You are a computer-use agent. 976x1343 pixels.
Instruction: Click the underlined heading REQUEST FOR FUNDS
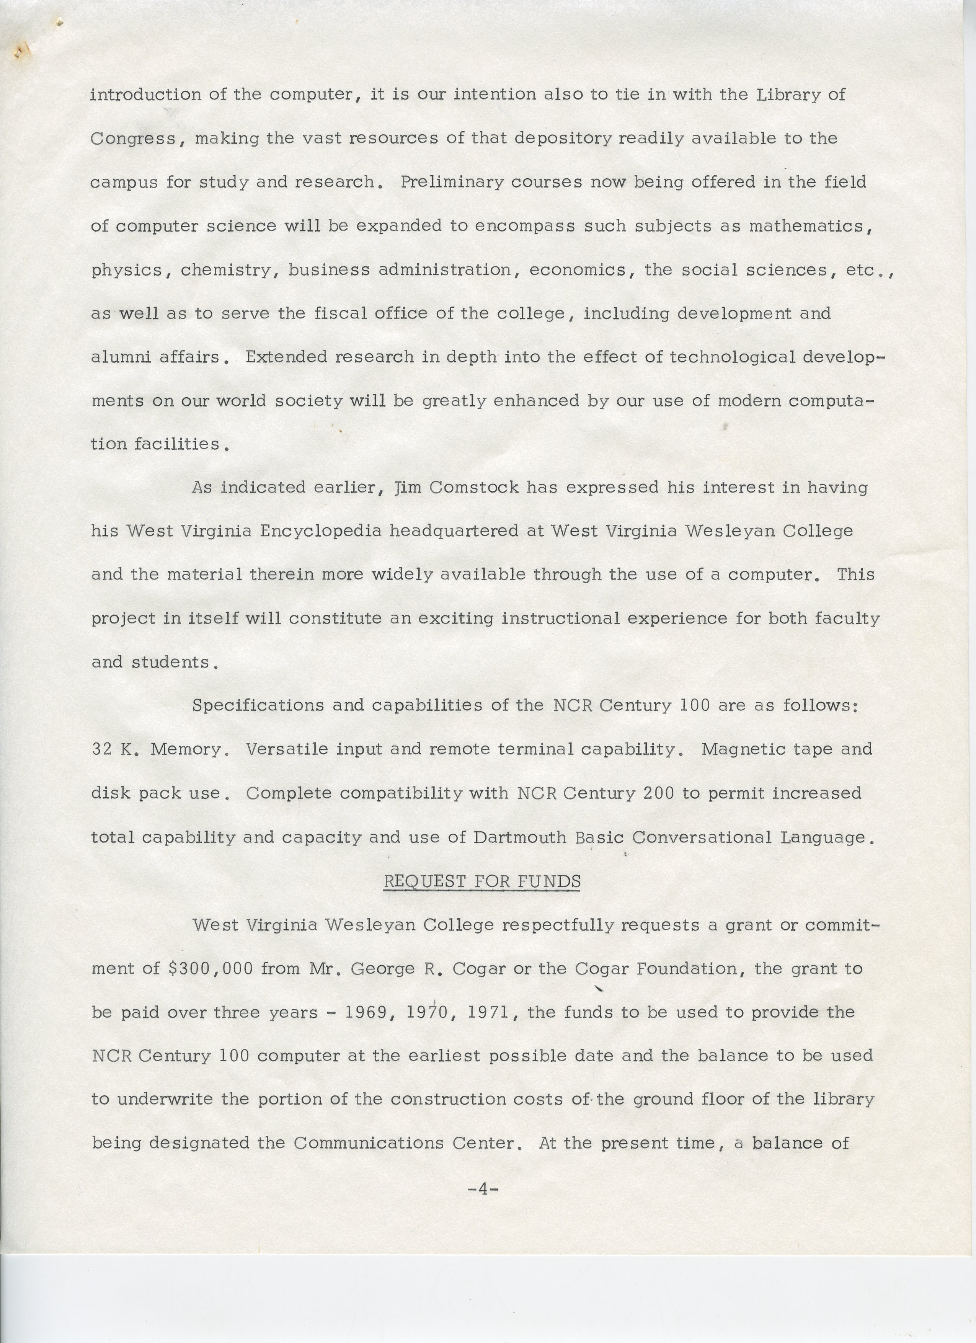pos(481,881)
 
